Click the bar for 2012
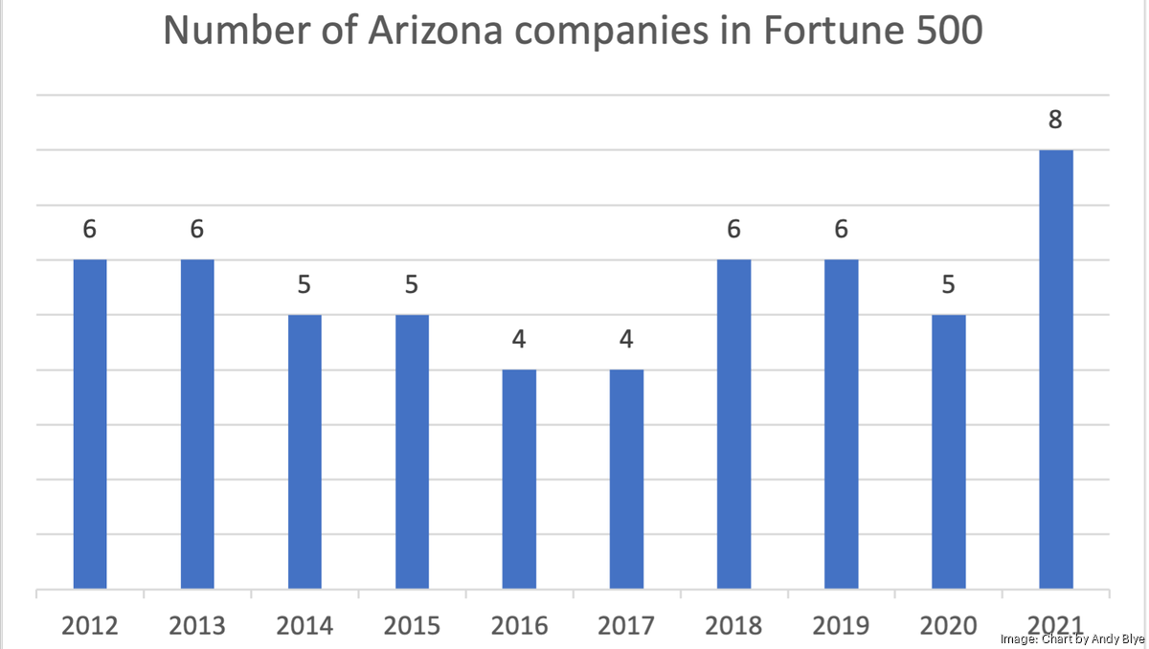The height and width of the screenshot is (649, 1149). tap(90, 424)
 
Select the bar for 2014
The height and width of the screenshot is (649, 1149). tap(304, 452)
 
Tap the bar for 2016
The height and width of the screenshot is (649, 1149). tap(519, 479)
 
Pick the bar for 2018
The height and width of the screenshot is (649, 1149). tap(733, 424)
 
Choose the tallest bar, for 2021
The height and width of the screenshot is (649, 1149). tap(1055, 369)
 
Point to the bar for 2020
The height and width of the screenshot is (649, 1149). tap(948, 452)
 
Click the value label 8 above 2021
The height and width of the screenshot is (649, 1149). tap(1055, 121)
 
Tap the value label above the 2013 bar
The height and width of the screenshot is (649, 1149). tap(197, 231)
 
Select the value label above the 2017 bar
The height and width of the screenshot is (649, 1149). tap(626, 341)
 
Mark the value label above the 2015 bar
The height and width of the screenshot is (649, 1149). tap(412, 286)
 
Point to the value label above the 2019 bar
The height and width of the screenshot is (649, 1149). tap(841, 231)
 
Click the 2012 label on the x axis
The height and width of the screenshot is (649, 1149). tap(90, 626)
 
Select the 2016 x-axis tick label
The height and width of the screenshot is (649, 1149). tap(519, 626)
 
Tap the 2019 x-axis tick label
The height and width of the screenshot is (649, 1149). tap(841, 626)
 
